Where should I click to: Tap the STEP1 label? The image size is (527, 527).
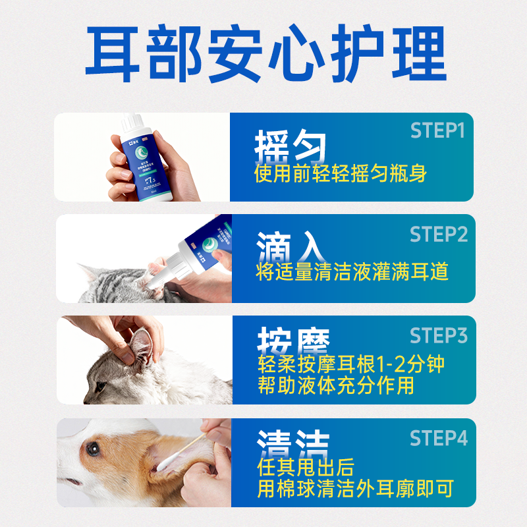[x=437, y=130]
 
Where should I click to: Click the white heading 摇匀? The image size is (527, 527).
[x=291, y=146]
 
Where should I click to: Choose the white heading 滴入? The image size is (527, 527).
[x=291, y=248]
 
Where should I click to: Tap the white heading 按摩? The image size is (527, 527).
[x=291, y=343]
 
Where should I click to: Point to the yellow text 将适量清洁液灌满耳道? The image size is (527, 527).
[x=352, y=271]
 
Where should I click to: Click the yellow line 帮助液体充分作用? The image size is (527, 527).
[x=335, y=385]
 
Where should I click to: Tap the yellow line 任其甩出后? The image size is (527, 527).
[x=306, y=468]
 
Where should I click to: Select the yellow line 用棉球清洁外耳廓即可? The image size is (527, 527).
[x=356, y=489]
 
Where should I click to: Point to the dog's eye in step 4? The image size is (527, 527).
[x=92, y=449]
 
